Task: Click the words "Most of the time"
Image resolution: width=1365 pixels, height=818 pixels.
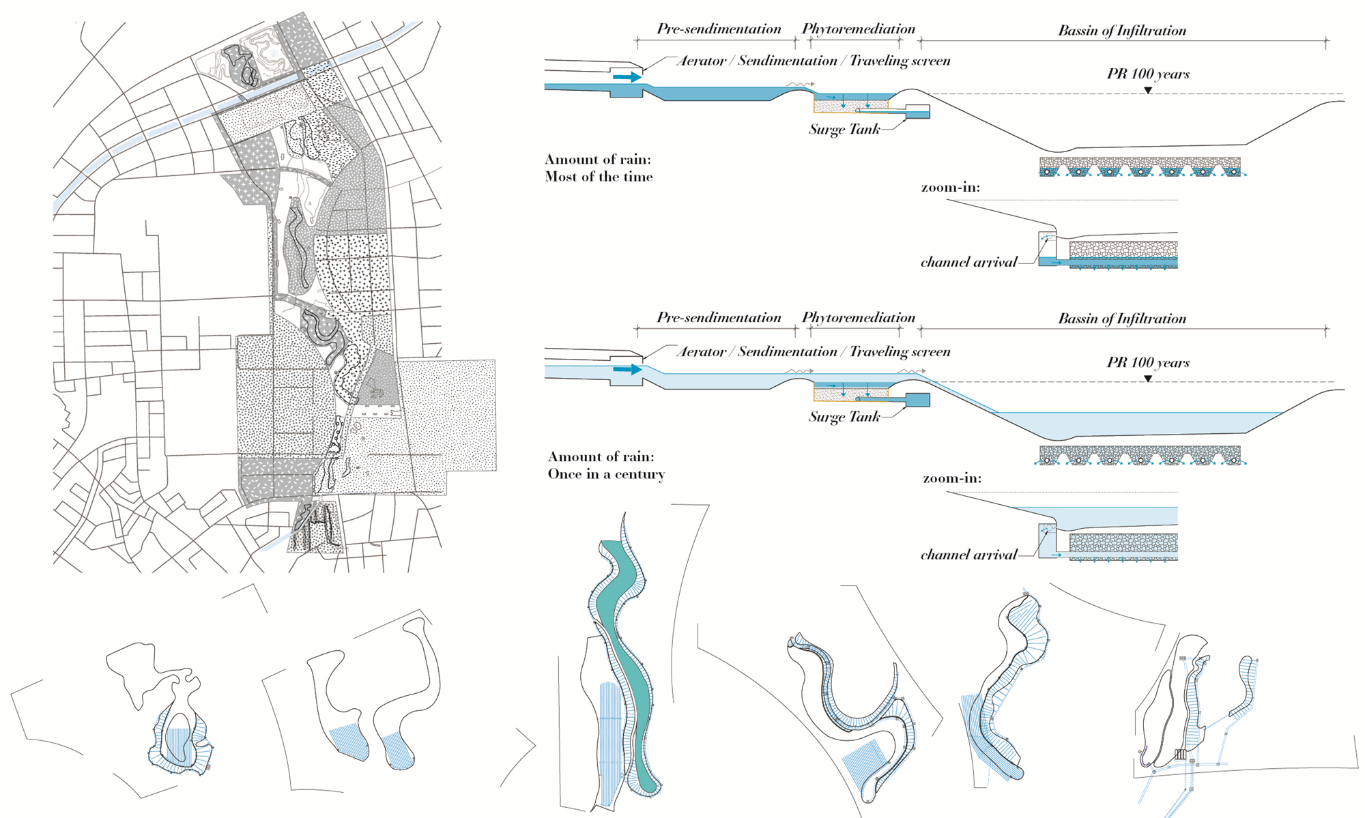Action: tap(599, 177)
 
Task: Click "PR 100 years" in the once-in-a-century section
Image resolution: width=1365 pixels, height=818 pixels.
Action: tap(1148, 362)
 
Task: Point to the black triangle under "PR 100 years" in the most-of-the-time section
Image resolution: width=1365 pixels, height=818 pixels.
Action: tap(1148, 90)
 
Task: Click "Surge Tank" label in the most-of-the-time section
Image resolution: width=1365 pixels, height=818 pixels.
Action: tap(844, 129)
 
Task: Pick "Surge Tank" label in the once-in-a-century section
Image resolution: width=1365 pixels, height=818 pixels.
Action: tap(844, 417)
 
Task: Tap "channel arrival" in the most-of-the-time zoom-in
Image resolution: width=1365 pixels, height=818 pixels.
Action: tap(968, 262)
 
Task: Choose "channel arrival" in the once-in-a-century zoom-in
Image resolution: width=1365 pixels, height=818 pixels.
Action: tap(968, 555)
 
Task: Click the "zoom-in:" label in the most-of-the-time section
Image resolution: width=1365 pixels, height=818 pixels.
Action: tap(950, 187)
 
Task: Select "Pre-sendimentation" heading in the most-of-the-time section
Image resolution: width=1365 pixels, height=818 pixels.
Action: tap(719, 29)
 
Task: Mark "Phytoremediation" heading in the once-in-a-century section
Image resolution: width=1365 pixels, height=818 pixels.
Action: tap(858, 317)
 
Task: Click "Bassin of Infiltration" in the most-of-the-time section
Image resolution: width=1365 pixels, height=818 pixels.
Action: tap(1122, 30)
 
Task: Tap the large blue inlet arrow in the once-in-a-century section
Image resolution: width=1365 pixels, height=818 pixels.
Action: tap(627, 369)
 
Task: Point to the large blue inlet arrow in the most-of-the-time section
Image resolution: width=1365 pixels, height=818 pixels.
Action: tap(627, 77)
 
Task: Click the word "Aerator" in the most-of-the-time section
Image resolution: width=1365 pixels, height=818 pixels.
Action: tap(701, 61)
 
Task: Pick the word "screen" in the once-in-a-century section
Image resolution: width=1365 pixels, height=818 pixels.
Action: tap(926, 351)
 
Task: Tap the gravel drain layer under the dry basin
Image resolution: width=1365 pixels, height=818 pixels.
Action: tap(1140, 166)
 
